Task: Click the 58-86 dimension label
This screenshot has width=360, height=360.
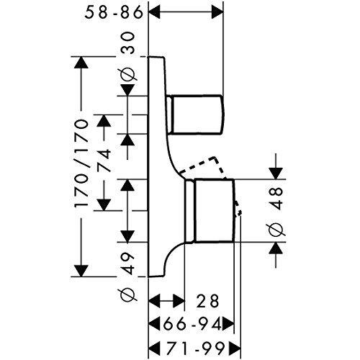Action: (x=114, y=13)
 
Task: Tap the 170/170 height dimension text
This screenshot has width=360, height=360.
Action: (x=81, y=164)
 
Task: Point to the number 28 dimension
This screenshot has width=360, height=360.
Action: (x=207, y=301)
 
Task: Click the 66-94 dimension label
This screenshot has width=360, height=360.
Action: (x=192, y=325)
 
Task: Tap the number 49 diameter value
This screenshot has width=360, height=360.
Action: (x=127, y=264)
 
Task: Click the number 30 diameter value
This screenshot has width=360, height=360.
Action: (x=127, y=43)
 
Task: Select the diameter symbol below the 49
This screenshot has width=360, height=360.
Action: (x=127, y=295)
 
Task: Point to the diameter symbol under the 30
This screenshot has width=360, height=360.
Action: (x=127, y=75)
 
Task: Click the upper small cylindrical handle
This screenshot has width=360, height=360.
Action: (x=196, y=114)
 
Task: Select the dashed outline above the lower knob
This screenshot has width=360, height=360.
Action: (x=204, y=166)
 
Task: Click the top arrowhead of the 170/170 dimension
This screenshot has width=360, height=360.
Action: (x=81, y=63)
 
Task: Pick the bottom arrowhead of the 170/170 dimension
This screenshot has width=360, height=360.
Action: (x=81, y=271)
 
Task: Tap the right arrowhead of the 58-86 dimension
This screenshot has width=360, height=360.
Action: (x=217, y=12)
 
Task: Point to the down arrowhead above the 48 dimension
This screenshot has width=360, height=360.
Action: (x=276, y=174)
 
